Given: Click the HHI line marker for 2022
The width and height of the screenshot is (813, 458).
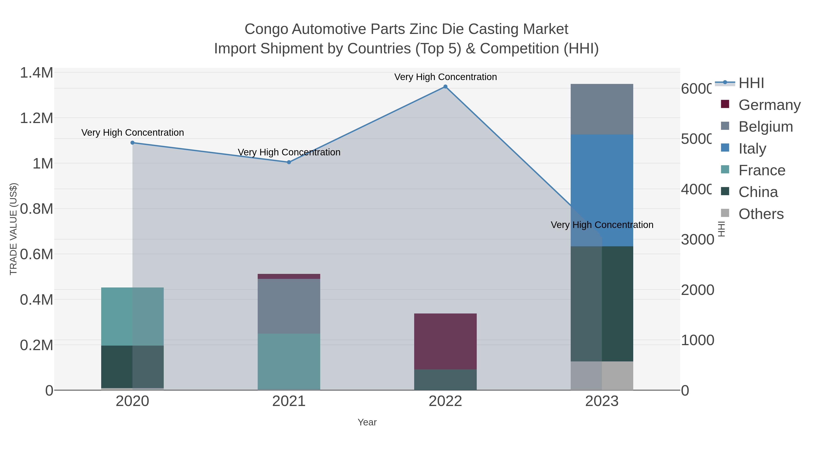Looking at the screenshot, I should click(x=445, y=87).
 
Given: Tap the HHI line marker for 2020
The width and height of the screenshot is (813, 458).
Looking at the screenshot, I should click(x=133, y=143).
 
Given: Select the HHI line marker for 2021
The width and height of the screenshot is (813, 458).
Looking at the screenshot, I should click(x=289, y=162).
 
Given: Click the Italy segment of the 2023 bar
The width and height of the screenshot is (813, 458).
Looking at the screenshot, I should click(x=602, y=190).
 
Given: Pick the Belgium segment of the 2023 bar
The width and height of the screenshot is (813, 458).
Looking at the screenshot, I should click(x=602, y=109).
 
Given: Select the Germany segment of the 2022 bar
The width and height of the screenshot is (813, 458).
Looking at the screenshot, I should click(x=445, y=341).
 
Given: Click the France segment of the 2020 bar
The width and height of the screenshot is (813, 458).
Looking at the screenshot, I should click(x=132, y=316).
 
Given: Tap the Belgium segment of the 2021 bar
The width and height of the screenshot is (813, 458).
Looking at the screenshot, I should click(x=289, y=306).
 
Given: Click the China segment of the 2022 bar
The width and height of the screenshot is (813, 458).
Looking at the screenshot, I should click(x=445, y=380).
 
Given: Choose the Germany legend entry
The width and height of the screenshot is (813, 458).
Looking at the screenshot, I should click(x=769, y=105).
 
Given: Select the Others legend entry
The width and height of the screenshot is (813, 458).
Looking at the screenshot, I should click(x=761, y=214).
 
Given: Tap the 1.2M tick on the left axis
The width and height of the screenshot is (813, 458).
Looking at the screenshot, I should click(x=36, y=118).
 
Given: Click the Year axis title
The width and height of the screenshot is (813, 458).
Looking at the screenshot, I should click(x=367, y=422).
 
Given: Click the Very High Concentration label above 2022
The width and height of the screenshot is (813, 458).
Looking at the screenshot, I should click(x=445, y=77).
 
